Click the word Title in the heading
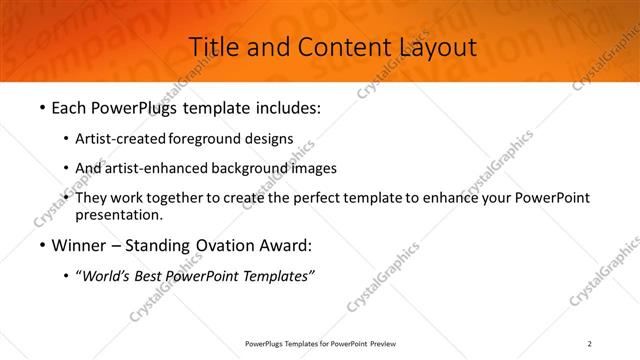click(x=213, y=46)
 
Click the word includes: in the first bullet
click(x=289, y=107)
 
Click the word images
click(x=308, y=168)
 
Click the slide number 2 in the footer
click(x=590, y=344)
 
